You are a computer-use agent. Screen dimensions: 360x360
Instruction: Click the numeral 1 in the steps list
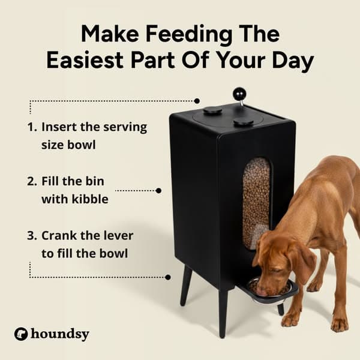pyautogui.click(x=31, y=128)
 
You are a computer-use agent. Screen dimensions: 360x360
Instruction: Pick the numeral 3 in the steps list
pyautogui.click(x=32, y=236)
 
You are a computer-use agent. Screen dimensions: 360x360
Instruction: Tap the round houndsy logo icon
pyautogui.click(x=22, y=334)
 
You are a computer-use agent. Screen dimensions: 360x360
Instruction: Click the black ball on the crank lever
pyautogui.click(x=239, y=94)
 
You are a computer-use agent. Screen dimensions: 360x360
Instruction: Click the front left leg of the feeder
pyautogui.click(x=223, y=312)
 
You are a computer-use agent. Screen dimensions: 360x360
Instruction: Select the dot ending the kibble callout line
pyautogui.click(x=158, y=191)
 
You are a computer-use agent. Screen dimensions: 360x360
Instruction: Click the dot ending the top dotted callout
pyautogui.click(x=197, y=101)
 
